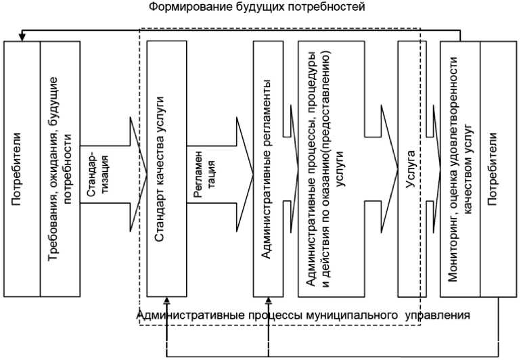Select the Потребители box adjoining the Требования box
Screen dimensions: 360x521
tap(22, 168)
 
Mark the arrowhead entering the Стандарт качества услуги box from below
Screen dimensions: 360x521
tap(166, 302)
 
